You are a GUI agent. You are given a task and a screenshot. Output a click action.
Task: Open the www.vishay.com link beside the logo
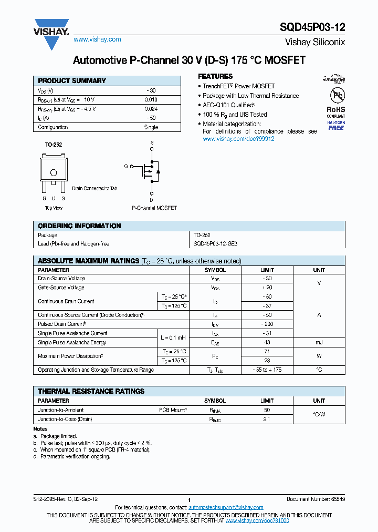click(97, 39)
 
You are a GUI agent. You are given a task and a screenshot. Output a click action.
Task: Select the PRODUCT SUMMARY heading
click(72, 81)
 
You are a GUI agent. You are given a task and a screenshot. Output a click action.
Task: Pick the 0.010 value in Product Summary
click(151, 100)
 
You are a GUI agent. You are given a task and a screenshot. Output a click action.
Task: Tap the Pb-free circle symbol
click(336, 95)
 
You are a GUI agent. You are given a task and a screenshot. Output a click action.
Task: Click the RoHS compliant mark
click(336, 111)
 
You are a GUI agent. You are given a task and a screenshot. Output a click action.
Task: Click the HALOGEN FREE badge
click(336, 125)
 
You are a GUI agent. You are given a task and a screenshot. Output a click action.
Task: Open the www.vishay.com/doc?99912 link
click(238, 139)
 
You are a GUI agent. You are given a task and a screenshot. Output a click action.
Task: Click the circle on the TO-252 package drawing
click(53, 173)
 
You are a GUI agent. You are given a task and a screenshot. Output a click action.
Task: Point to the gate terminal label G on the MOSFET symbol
click(126, 166)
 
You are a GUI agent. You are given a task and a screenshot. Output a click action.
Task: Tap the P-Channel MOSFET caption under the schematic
click(154, 208)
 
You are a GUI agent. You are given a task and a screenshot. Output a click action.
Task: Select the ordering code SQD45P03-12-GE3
click(215, 244)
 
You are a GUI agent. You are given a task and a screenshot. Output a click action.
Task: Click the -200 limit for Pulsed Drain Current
click(267, 324)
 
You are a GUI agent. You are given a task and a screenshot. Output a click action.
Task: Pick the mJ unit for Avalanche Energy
click(319, 342)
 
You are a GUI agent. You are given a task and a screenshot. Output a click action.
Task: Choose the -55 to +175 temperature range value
click(267, 370)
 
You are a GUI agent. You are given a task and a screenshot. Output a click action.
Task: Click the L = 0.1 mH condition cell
click(173, 337)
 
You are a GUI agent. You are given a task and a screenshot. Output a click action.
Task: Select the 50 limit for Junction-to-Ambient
click(267, 410)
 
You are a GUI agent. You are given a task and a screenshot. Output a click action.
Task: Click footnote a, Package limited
click(55, 436)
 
